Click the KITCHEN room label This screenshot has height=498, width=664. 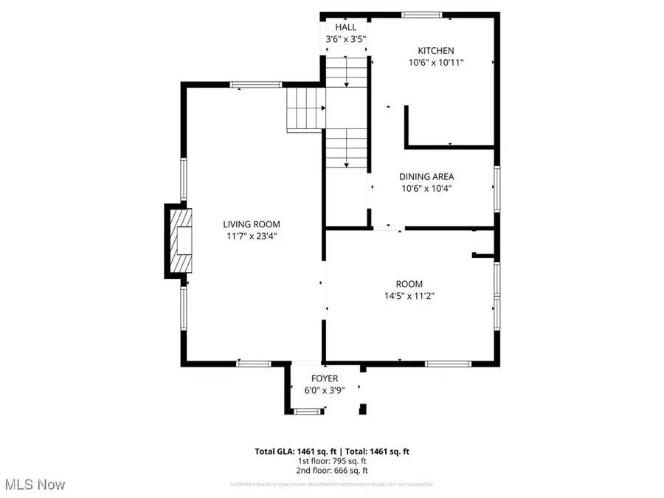point(436,51)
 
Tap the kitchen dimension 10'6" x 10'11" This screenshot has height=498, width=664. point(436,63)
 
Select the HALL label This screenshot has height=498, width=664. point(345,27)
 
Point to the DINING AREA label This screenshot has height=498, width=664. point(426,176)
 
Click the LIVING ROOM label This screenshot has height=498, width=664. point(252,224)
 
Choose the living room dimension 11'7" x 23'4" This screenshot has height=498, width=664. point(252,237)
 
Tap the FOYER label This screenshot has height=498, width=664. point(325,378)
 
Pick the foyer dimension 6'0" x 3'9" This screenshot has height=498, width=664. point(325,391)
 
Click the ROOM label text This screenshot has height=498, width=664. point(409,284)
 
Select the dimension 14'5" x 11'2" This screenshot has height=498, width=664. point(409,297)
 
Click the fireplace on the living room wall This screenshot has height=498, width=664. point(178,241)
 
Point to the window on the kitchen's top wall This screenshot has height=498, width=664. point(422,14)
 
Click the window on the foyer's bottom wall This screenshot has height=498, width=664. point(305,412)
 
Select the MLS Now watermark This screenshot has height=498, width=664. point(35,485)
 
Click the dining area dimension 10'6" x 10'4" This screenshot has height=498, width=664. point(426,189)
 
